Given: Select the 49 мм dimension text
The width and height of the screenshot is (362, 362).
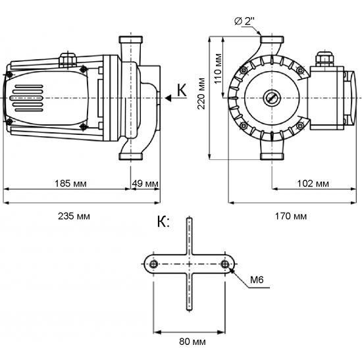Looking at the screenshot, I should pos(145,183).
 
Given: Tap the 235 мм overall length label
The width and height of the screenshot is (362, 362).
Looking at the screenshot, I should pos(74,215).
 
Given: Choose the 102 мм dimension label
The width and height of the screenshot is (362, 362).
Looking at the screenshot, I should pos(313,183).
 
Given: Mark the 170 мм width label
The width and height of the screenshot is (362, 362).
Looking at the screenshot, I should pos(291,215).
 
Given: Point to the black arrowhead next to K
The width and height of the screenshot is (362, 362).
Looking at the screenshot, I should pos(170,98).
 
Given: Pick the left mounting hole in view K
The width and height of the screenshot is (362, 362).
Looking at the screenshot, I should pos(153,264).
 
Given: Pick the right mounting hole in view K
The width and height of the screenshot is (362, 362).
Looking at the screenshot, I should pos(226,264).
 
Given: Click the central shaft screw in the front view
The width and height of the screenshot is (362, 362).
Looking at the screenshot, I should pos(271,99).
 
